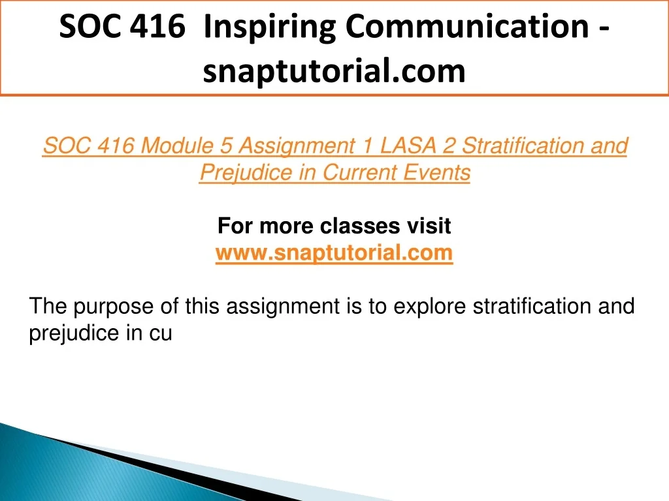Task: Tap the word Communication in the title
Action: [x=467, y=26]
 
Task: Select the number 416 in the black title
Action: [x=157, y=26]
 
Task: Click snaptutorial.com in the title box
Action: [x=334, y=70]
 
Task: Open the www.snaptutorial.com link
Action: [x=334, y=253]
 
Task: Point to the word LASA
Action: [x=408, y=145]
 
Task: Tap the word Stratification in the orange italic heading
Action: [x=523, y=145]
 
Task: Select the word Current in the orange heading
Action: [x=360, y=172]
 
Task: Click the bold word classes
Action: [x=360, y=226]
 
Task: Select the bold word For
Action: [x=235, y=226]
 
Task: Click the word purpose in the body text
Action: [x=114, y=307]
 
